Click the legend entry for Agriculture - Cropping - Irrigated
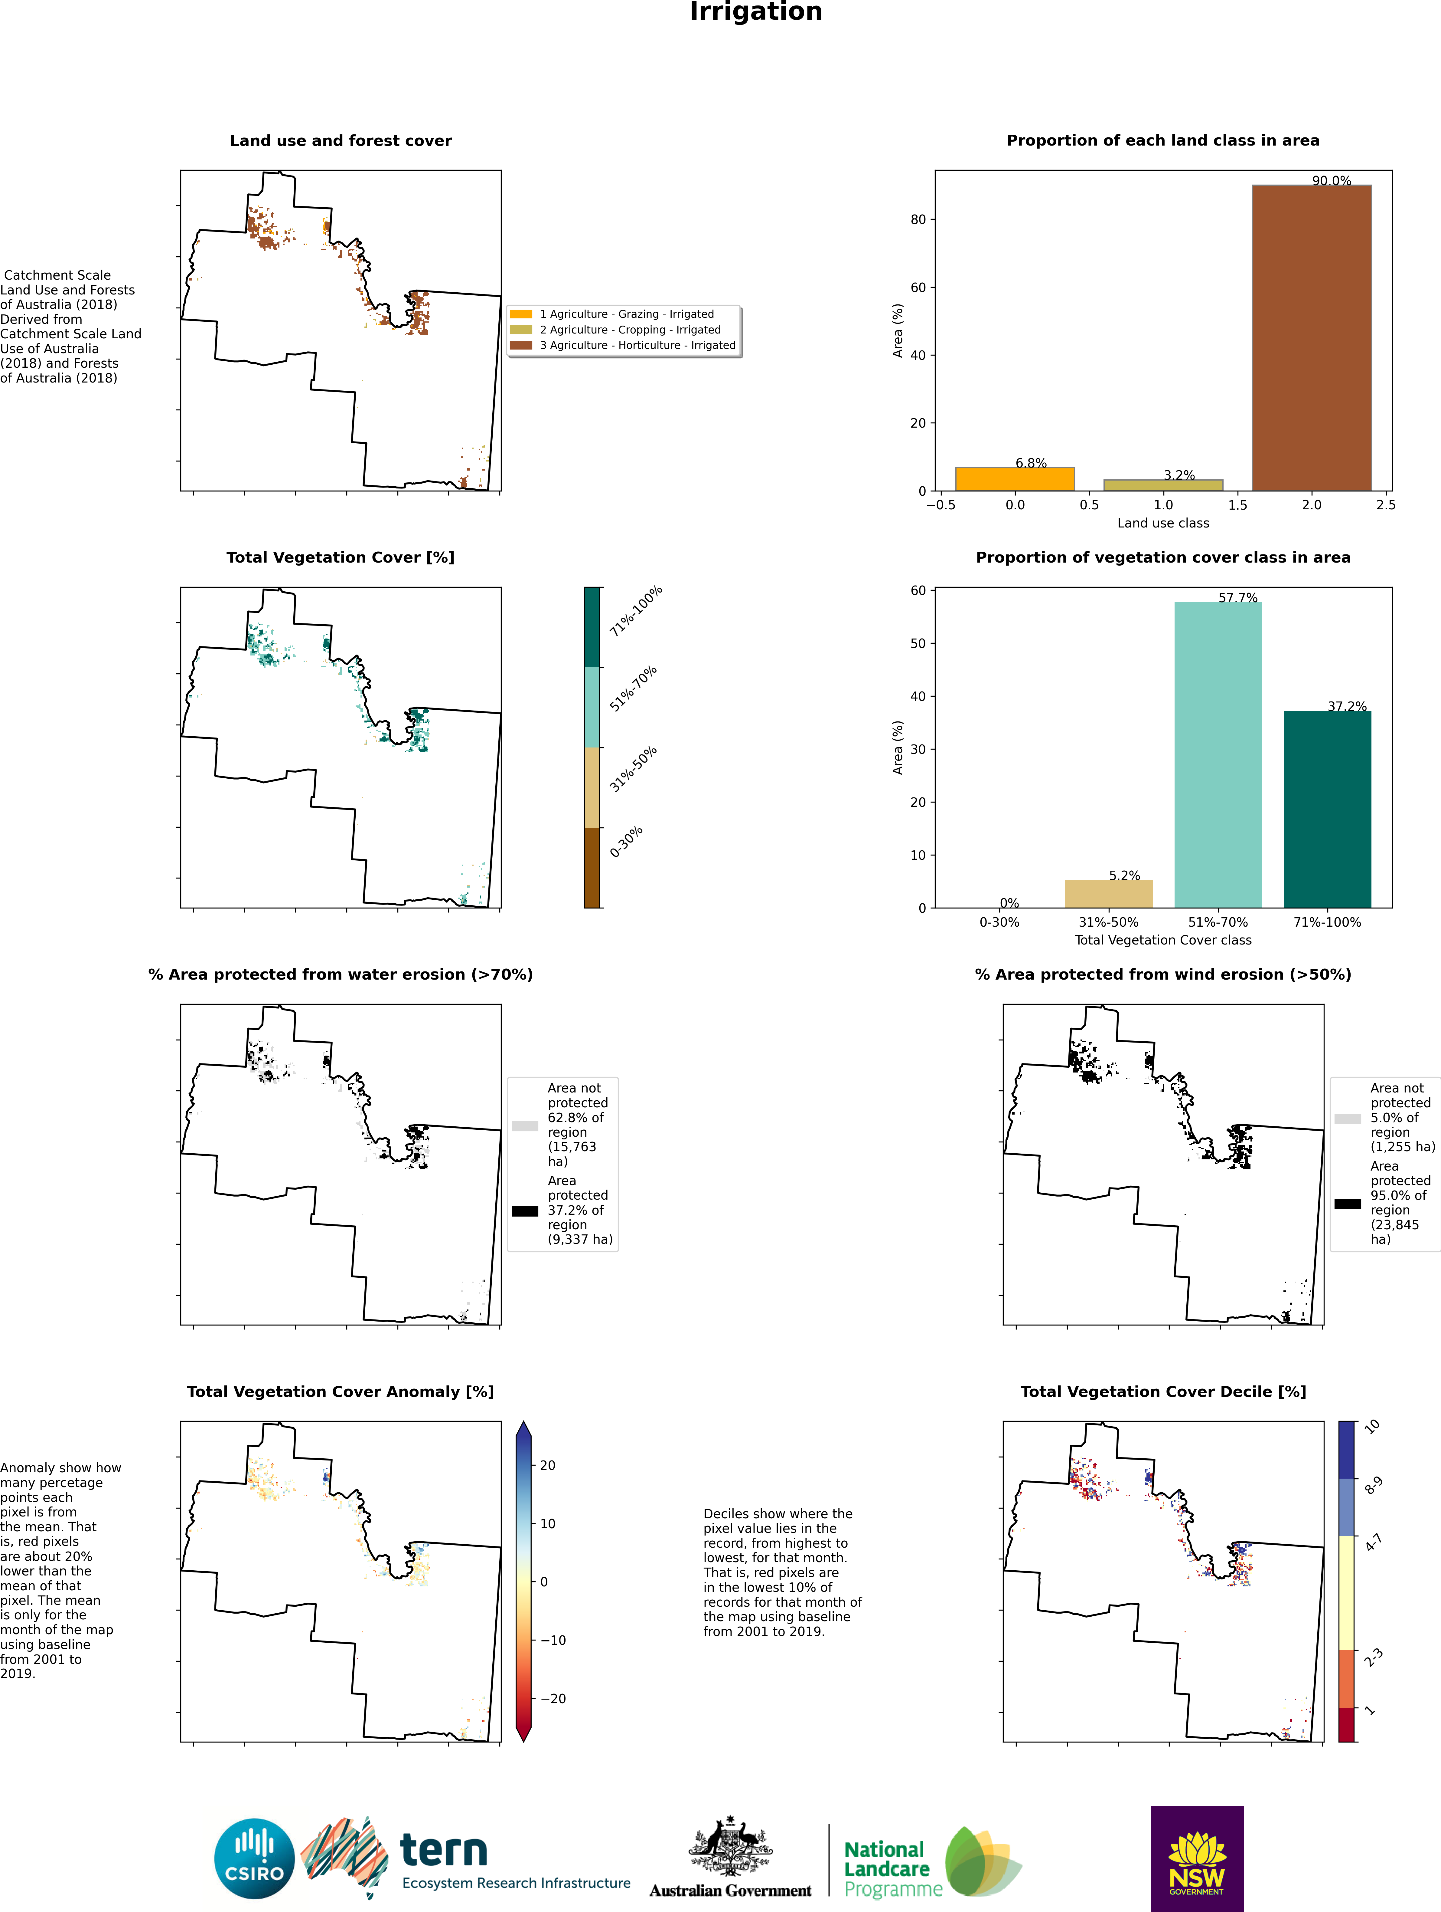630,329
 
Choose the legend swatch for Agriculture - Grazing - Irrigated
521,314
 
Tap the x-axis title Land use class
1163,523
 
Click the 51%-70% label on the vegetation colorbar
633,689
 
